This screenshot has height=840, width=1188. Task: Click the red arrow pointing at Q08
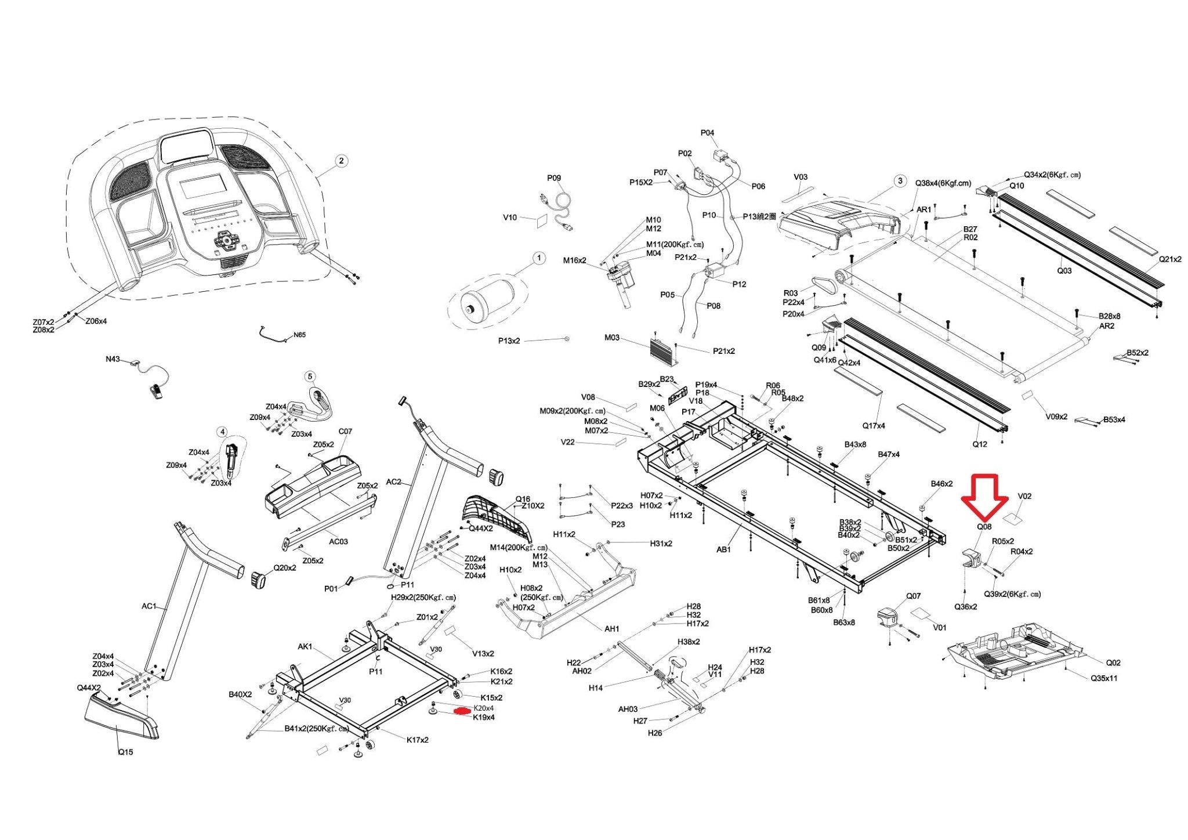pos(984,497)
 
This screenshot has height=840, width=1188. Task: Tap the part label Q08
pos(984,527)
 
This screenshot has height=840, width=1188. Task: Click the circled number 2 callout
pos(341,161)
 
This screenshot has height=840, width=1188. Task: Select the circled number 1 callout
pos(539,258)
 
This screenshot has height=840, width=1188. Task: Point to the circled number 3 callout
pos(900,181)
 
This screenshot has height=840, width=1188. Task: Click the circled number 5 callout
pos(310,376)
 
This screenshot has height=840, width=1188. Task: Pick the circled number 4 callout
pos(222,432)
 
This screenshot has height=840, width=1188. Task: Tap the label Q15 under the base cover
pos(125,752)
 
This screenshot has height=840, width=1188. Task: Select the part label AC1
pos(149,606)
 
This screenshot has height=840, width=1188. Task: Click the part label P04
pos(707,133)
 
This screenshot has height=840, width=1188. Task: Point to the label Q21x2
pos(1170,259)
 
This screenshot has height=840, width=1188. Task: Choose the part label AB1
pos(723,549)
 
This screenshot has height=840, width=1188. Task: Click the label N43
pos(113,359)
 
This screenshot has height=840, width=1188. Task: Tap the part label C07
pos(345,432)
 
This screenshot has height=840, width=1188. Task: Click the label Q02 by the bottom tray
pos(1113,662)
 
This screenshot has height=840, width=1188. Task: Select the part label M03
pos(612,337)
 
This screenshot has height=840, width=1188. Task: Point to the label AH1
pos(612,628)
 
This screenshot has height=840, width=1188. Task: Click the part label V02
pos(1024,496)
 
